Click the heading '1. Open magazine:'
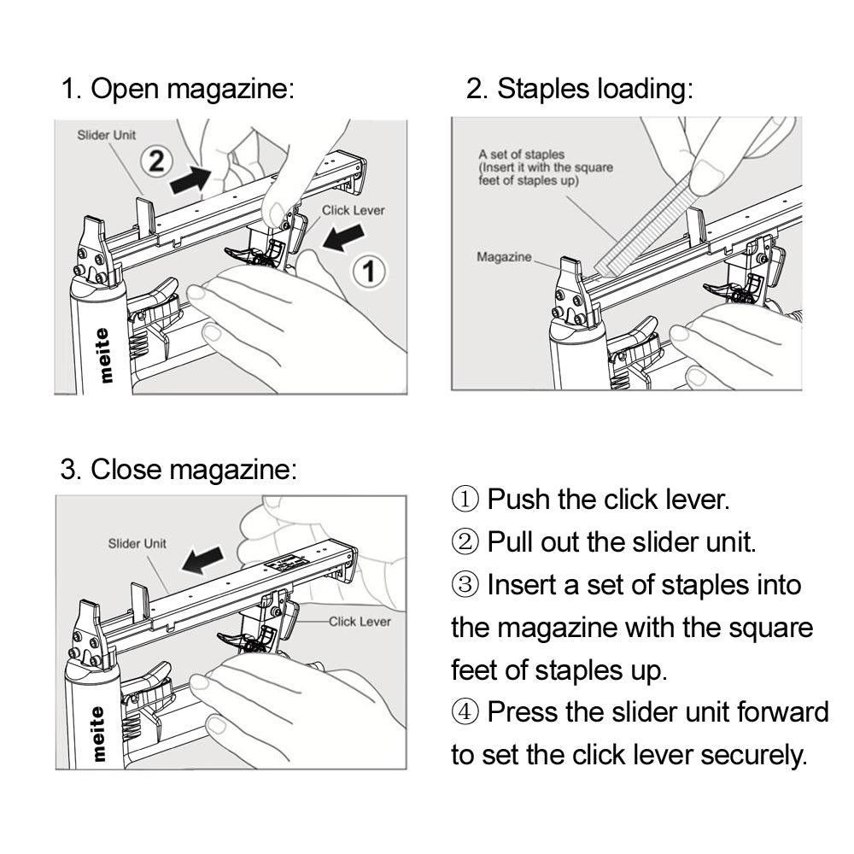[x=178, y=89]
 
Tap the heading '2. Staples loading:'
[x=580, y=89]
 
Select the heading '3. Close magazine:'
[x=178, y=469]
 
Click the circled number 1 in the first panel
[x=369, y=272]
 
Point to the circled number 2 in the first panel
[x=156, y=161]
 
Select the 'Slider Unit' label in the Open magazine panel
[x=107, y=135]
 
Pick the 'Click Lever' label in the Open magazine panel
[x=353, y=209]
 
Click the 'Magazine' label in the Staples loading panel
[x=504, y=256]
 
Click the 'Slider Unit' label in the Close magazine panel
[x=137, y=543]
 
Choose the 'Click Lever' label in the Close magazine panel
[x=360, y=622]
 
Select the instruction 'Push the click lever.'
[x=607, y=500]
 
